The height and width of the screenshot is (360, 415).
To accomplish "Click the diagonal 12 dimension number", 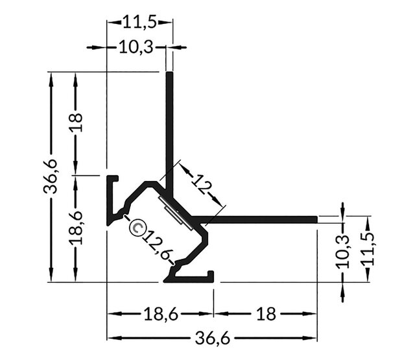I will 202,187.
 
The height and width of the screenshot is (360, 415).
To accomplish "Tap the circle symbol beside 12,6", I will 137,226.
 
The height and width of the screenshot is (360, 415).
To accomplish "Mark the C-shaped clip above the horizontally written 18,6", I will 191,278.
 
